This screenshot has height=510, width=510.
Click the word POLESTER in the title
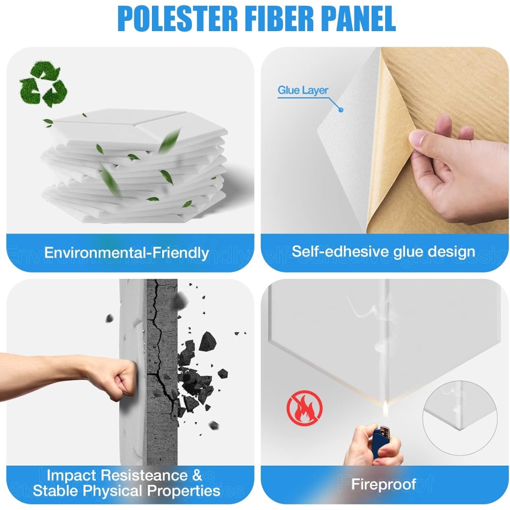(177, 19)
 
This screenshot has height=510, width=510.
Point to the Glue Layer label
(303, 90)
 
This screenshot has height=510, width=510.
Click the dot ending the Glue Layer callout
(341, 110)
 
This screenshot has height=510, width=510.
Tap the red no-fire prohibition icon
(304, 408)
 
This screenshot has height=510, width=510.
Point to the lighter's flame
(386, 409)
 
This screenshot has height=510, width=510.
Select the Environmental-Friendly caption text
(126, 253)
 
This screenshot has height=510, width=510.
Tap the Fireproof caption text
(384, 484)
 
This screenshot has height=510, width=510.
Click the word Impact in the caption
(71, 476)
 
